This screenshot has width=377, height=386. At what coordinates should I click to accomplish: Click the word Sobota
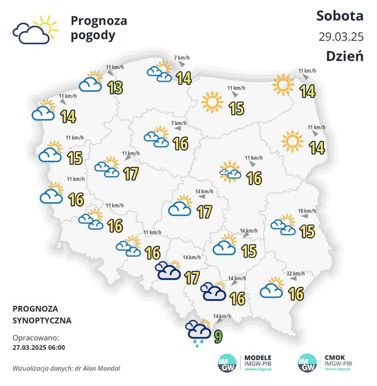click(x=340, y=15)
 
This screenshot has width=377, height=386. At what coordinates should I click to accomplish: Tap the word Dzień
click(x=345, y=56)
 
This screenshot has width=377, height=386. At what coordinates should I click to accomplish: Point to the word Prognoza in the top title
click(x=99, y=21)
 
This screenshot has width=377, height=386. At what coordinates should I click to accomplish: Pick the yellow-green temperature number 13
click(x=115, y=87)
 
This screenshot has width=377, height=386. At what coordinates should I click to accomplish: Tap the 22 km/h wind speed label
click(x=296, y=274)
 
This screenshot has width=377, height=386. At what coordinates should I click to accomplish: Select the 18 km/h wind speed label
click(x=307, y=211)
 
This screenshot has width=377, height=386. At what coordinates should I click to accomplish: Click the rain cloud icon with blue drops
click(x=198, y=332)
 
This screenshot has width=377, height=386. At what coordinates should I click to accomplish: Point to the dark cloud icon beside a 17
click(x=168, y=270)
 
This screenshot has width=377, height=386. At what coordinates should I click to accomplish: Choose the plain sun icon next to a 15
click(x=212, y=102)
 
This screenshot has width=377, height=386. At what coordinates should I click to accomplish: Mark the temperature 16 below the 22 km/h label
click(x=296, y=294)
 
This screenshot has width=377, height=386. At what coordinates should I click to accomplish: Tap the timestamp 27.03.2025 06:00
click(x=38, y=347)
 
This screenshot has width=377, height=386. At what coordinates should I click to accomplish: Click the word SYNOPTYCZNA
click(x=42, y=320)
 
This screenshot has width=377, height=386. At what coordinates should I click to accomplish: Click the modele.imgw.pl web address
click(x=258, y=370)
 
